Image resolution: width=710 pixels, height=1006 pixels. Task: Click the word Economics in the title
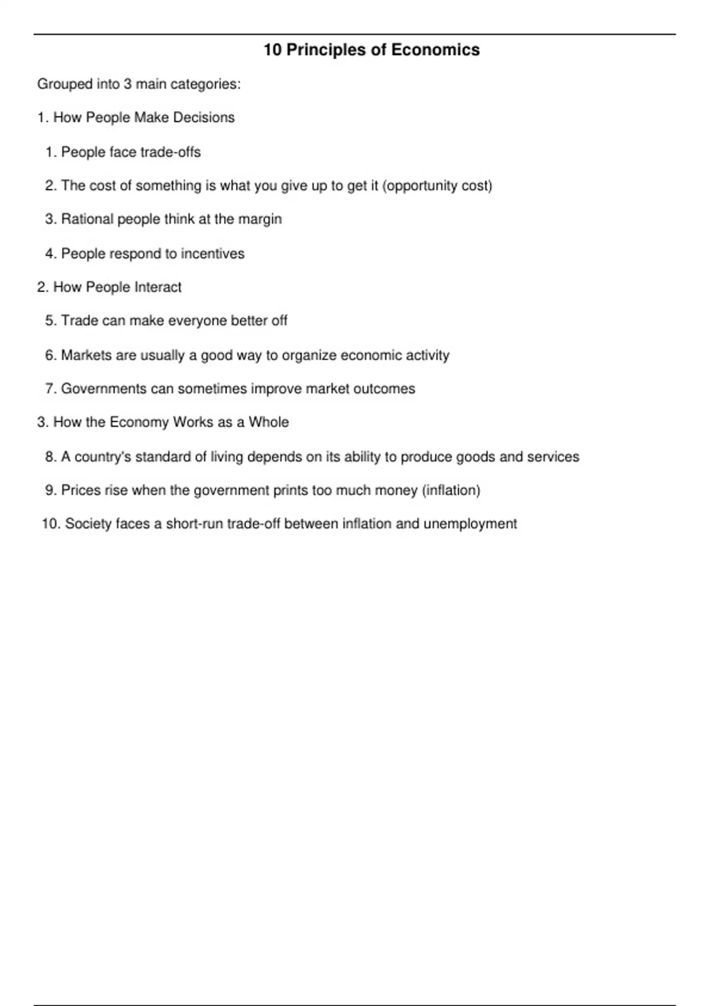coord(435,50)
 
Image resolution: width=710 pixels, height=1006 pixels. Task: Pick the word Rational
coord(87,219)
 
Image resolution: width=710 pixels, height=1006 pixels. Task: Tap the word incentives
coord(212,253)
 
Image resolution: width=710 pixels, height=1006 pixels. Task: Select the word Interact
coord(158,287)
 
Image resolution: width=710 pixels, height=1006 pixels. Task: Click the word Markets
coord(86,355)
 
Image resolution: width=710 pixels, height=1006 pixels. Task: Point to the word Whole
coord(269,422)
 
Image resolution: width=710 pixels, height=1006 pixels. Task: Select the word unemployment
coord(470,524)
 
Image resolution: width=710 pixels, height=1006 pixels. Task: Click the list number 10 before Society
coord(50,524)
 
